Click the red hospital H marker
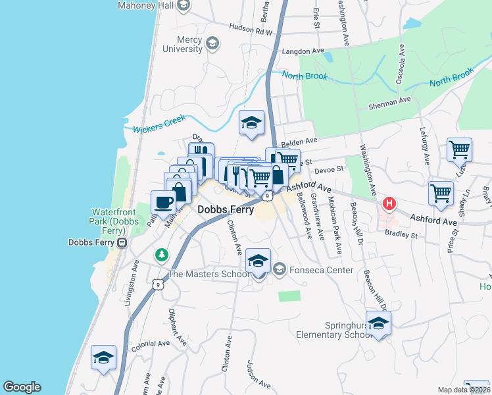[x=389, y=203]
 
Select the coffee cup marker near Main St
[x=163, y=202]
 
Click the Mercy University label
[x=183, y=44]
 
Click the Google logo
[x=22, y=387]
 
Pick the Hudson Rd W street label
[x=251, y=28]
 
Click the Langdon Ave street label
[x=303, y=51]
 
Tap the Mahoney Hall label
[x=144, y=6]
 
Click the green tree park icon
[x=160, y=254]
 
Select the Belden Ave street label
[x=299, y=141]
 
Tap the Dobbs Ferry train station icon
[x=122, y=242]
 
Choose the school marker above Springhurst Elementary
[x=378, y=324]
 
